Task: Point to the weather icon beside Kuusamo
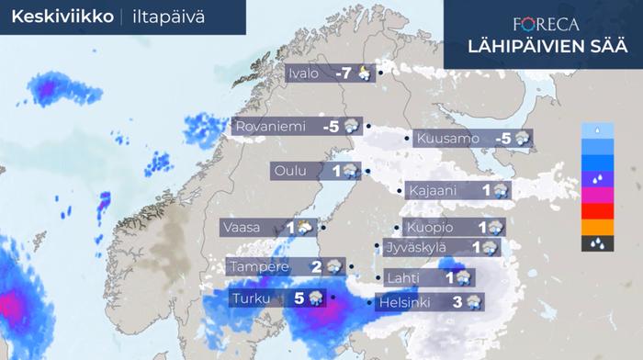click(522, 140)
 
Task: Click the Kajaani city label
click(435, 191)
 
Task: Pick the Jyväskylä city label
click(420, 247)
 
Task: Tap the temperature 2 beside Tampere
click(316, 267)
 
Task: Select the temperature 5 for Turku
click(299, 298)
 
